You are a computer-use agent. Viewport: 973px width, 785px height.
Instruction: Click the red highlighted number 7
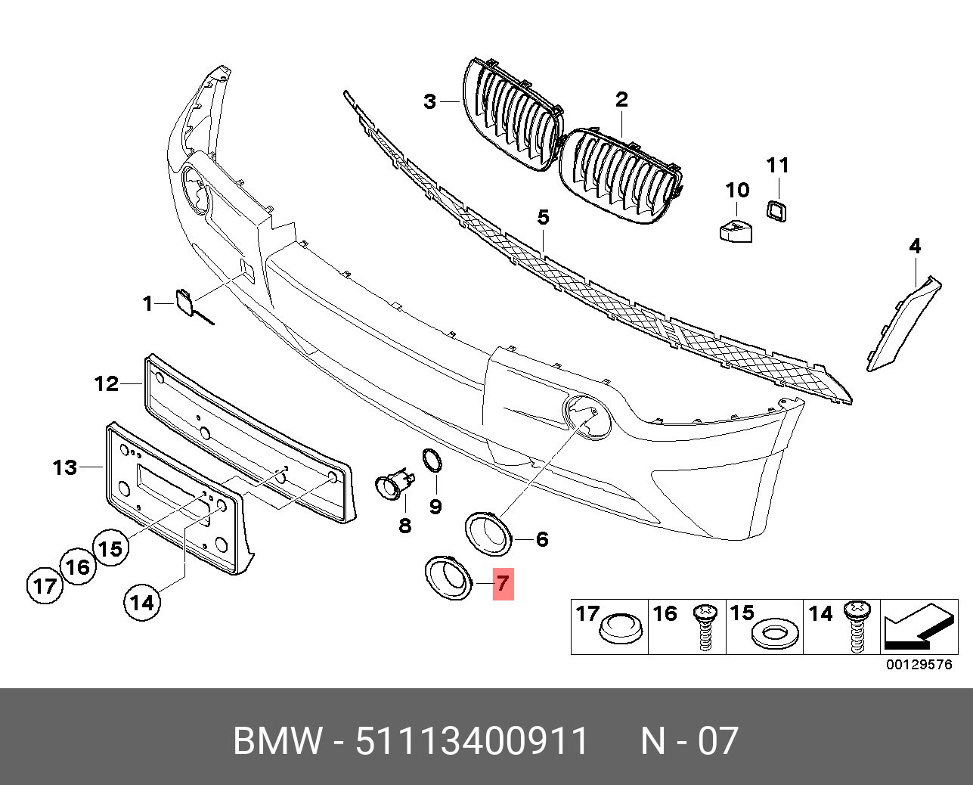pyautogui.click(x=503, y=584)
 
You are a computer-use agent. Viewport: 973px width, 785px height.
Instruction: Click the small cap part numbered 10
pyautogui.click(x=735, y=229)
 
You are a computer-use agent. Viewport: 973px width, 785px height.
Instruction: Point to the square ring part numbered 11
pyautogui.click(x=776, y=210)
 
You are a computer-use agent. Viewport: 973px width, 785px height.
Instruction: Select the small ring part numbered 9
pyautogui.click(x=432, y=459)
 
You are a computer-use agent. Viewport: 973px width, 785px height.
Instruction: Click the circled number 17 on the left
pyautogui.click(x=45, y=586)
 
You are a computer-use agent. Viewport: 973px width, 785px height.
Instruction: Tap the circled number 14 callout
pyautogui.click(x=142, y=602)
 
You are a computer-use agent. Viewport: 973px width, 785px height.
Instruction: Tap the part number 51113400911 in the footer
pyautogui.click(x=472, y=741)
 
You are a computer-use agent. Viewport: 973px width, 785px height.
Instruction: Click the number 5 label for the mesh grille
pyautogui.click(x=543, y=218)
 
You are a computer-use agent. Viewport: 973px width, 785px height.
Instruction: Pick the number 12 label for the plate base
pyautogui.click(x=107, y=384)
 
